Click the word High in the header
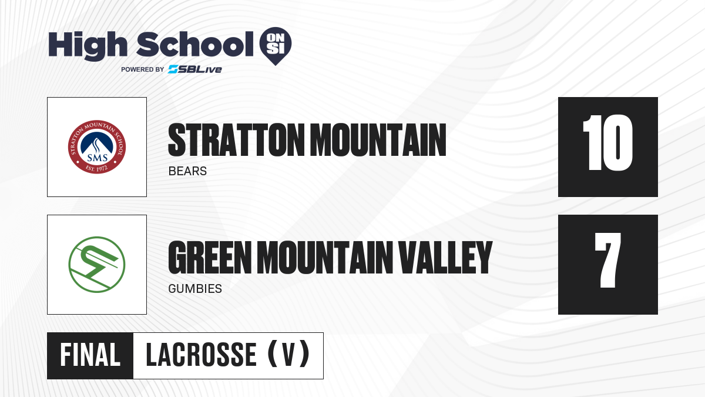[x=88, y=46]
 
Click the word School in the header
[x=195, y=44]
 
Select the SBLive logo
[x=195, y=69]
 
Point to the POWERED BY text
[x=143, y=69]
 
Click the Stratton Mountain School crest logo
[x=97, y=147]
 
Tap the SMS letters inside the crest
[x=98, y=157]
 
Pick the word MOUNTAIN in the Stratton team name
[x=378, y=140]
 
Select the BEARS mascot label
[x=187, y=171]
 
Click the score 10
[x=607, y=143]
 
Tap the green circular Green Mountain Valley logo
[x=97, y=265]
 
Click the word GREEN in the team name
[x=210, y=258]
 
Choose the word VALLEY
[x=445, y=258]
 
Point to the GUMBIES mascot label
[x=195, y=289]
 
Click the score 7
[x=607, y=260]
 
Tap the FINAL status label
[x=90, y=355]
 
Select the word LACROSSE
[x=202, y=355]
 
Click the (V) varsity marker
[x=288, y=354]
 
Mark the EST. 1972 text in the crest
[x=97, y=169]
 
